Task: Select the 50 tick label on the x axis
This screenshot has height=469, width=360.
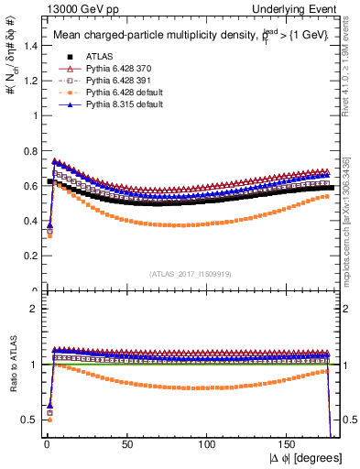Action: click(x=127, y=444)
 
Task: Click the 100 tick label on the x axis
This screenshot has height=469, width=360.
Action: click(x=208, y=444)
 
